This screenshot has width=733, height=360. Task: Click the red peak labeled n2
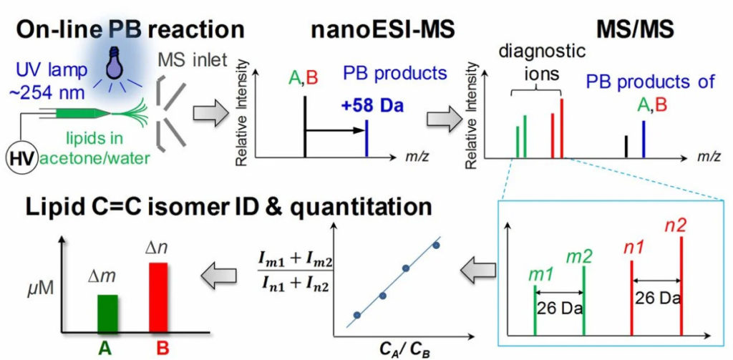click(x=681, y=286)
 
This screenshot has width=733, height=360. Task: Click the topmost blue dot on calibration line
click(x=436, y=246)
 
